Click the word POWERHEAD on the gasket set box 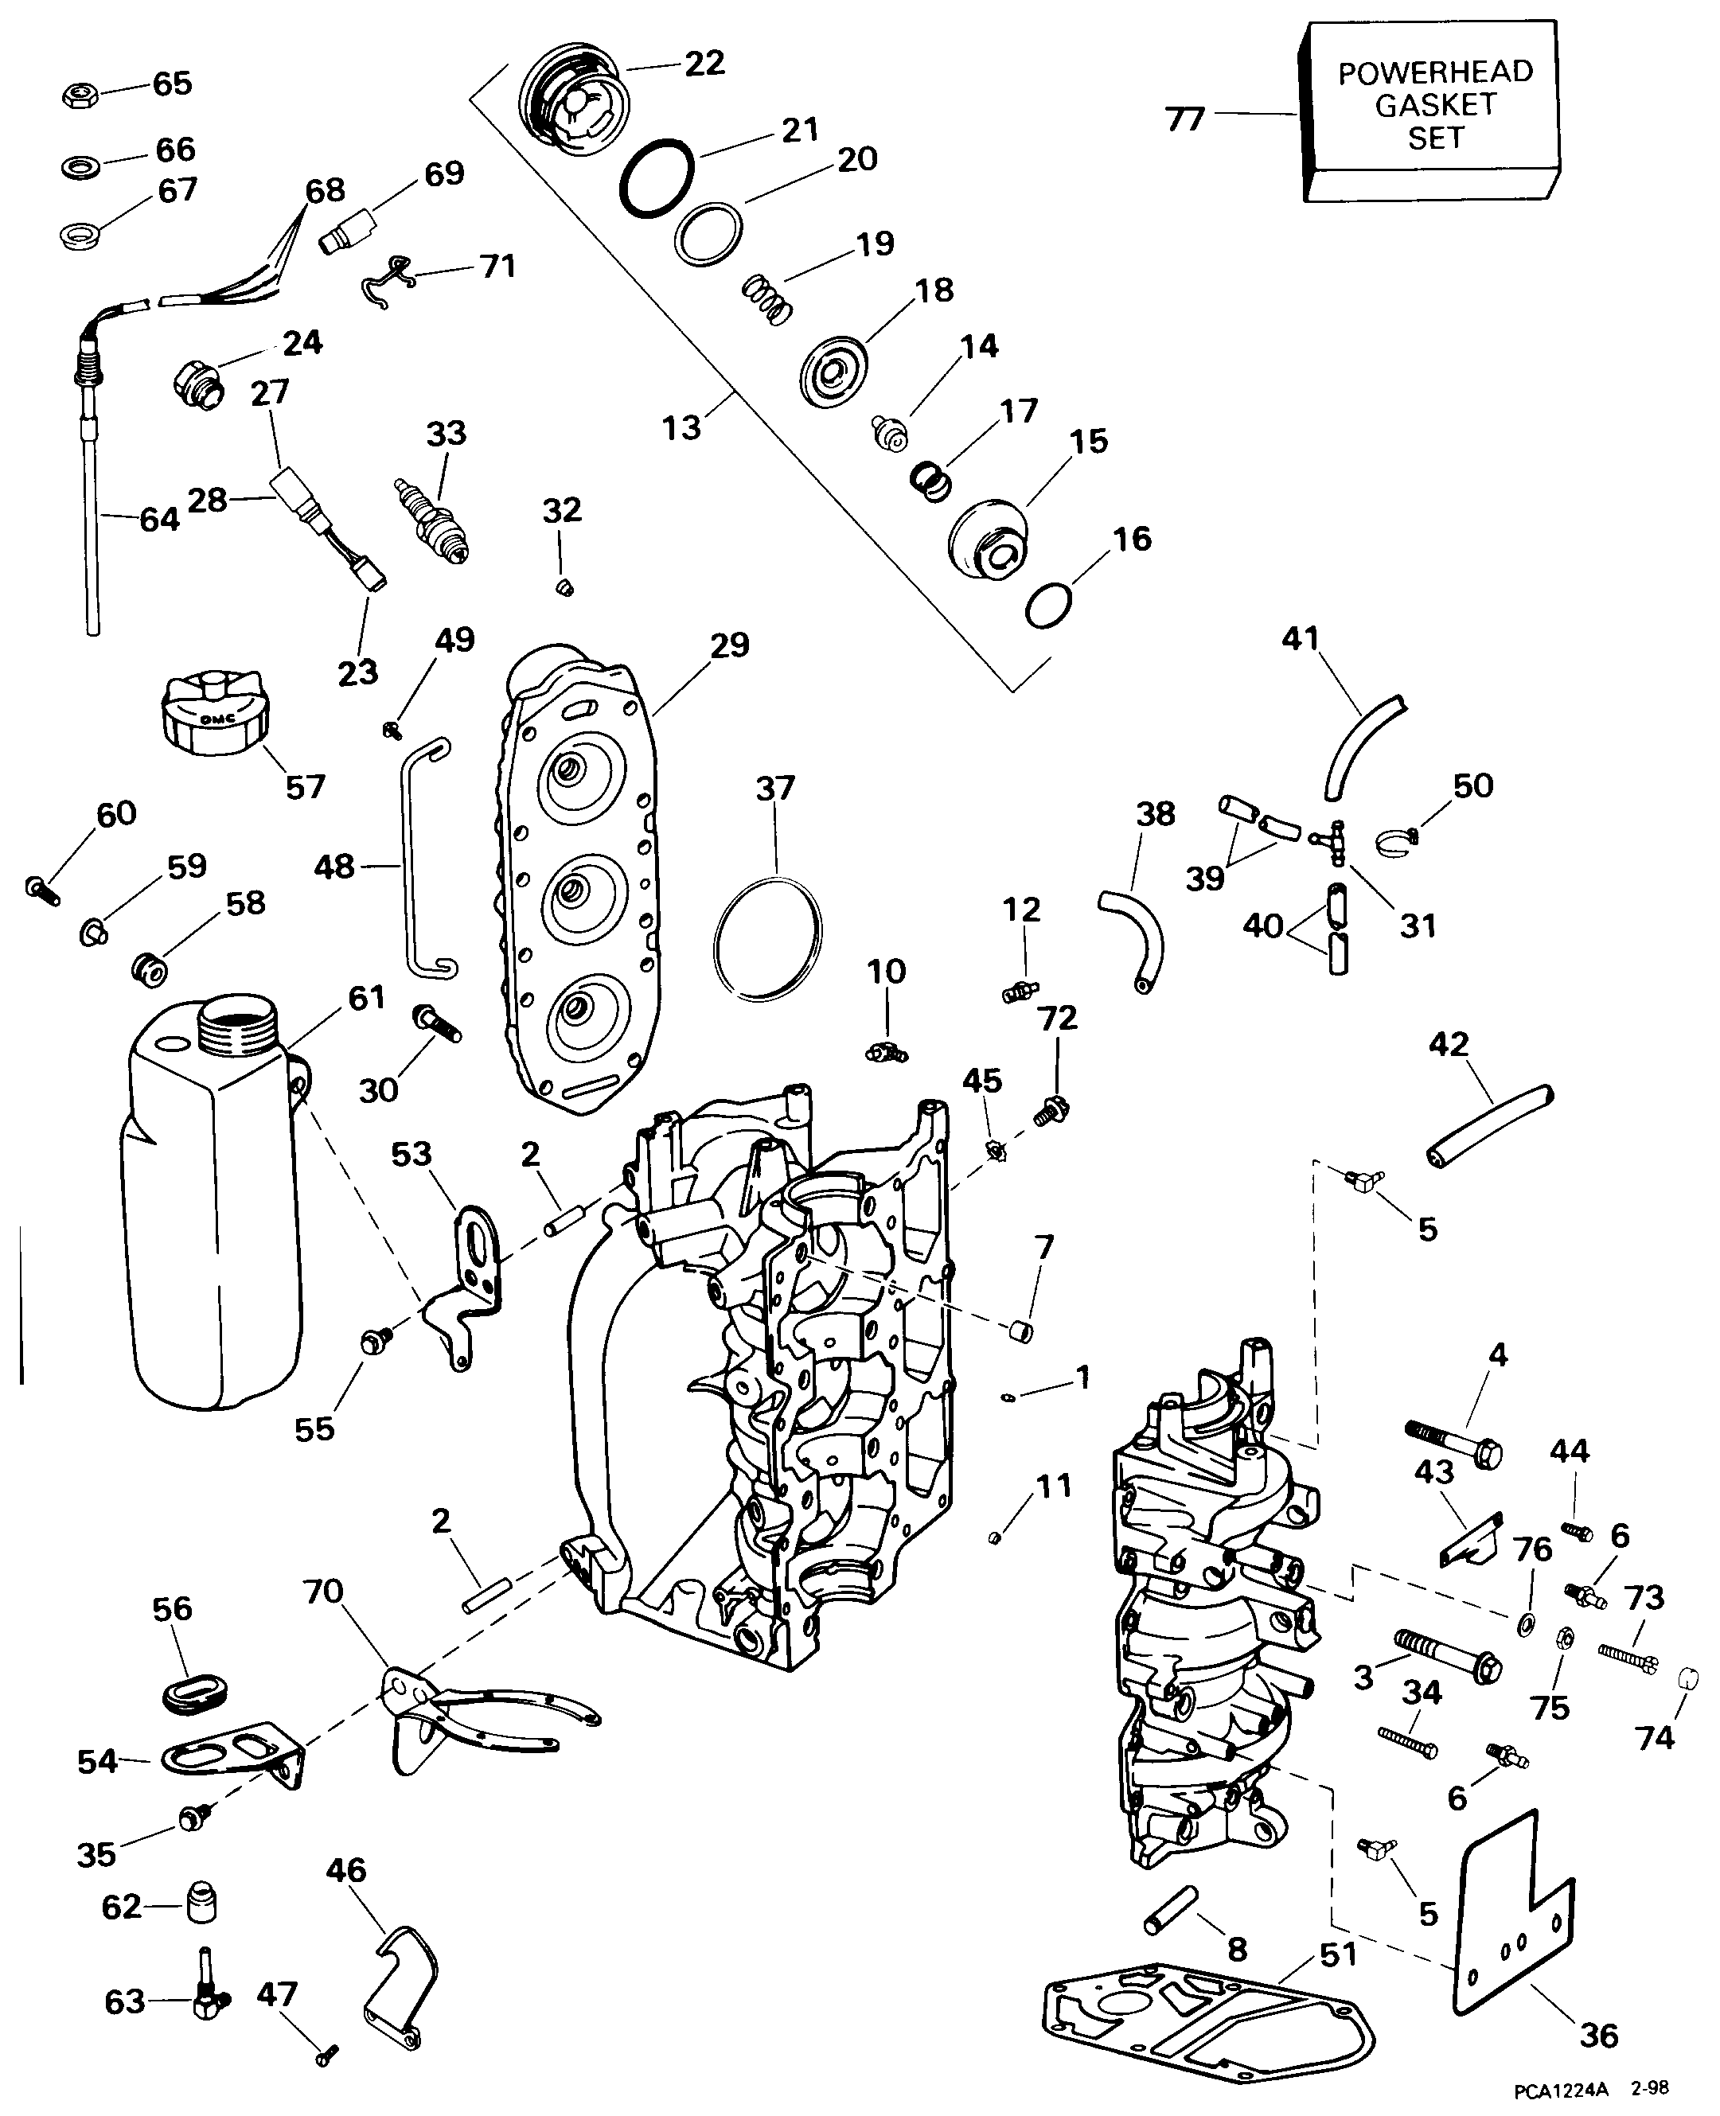point(1434,72)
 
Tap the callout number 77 point(1185,120)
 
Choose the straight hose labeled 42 point(1489,1124)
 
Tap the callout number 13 point(681,428)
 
